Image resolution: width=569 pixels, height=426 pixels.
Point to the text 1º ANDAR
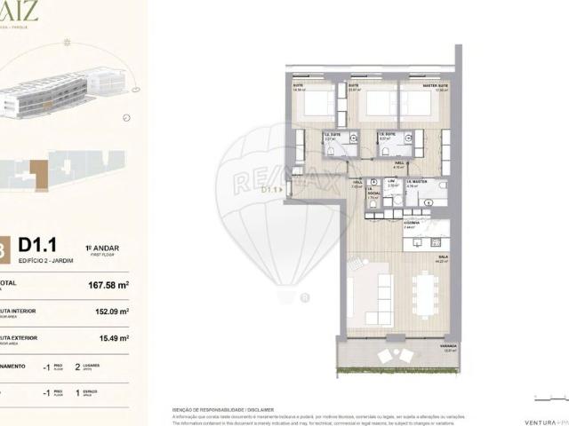pyautogui.click(x=100, y=248)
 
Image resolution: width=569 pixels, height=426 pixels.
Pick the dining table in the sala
pyautogui.click(x=422, y=294)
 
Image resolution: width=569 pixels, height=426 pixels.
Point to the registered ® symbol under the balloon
pyautogui.click(x=305, y=297)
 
